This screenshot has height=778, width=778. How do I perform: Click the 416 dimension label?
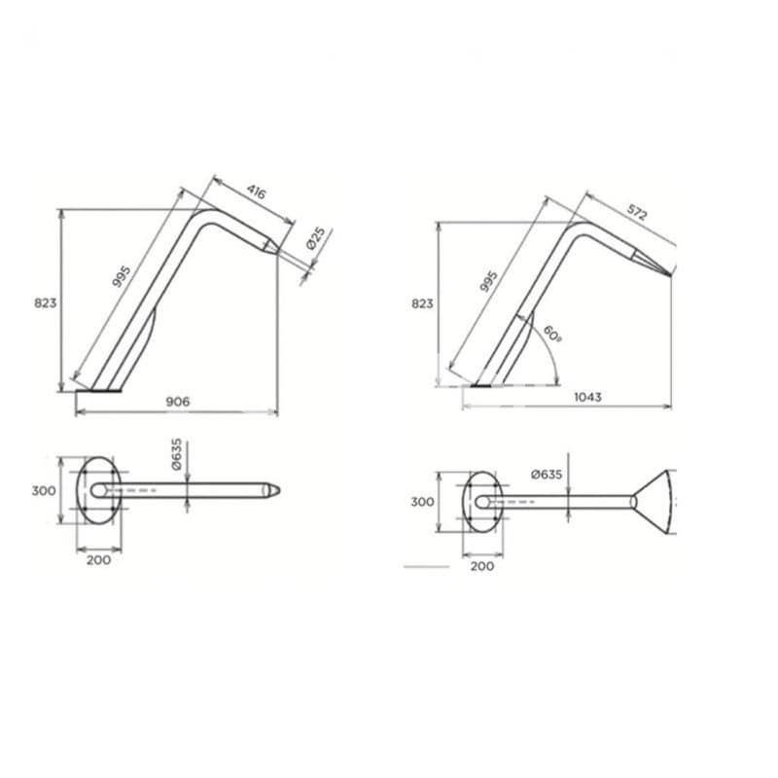pos(256,192)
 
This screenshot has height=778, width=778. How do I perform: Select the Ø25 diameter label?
pos(317,239)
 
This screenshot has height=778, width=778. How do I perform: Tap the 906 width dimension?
pos(177,401)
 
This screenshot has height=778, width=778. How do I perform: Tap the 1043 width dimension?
pos(586,397)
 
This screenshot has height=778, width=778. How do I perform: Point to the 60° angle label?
pos(551,335)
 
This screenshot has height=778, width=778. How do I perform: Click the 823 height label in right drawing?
pos(421,303)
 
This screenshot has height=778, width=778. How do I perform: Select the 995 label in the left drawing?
pos(122,276)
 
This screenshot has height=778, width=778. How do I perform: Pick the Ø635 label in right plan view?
pos(546,475)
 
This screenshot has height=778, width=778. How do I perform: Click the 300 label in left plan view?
pos(43,490)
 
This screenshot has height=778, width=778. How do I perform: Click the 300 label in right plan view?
pos(421,502)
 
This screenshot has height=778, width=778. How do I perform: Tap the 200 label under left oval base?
pos(98,559)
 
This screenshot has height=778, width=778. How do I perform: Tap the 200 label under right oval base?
pos(482,565)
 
